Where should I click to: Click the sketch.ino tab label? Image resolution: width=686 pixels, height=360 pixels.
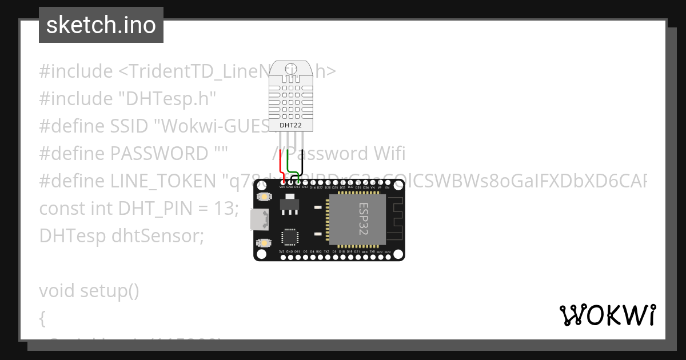[x=101, y=25]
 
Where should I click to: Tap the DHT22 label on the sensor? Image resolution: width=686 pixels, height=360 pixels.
[x=290, y=125]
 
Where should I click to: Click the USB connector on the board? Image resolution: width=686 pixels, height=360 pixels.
[x=257, y=218]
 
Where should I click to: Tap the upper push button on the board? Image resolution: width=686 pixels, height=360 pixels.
[x=264, y=197]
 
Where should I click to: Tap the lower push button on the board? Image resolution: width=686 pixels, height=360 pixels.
[x=264, y=243]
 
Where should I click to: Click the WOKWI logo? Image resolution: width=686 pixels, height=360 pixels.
[x=608, y=315]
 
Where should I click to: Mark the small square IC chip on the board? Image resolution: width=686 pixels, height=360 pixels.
[x=290, y=238]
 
